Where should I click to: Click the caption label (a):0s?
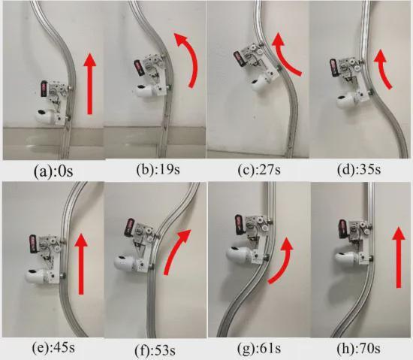54,171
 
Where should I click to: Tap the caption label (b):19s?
158,169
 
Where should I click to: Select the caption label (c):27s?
259,169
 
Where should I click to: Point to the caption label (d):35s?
359,169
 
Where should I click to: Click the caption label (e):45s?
53,348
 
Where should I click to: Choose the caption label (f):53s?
155,350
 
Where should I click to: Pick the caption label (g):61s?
259,349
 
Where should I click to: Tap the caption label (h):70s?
359,349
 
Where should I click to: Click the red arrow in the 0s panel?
90,83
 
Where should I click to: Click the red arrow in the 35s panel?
381,69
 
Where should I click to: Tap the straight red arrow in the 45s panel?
81,264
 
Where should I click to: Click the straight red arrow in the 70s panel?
399,258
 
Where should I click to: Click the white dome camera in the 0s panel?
47,116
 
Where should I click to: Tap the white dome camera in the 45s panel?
37,276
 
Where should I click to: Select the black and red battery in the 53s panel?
130,227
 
